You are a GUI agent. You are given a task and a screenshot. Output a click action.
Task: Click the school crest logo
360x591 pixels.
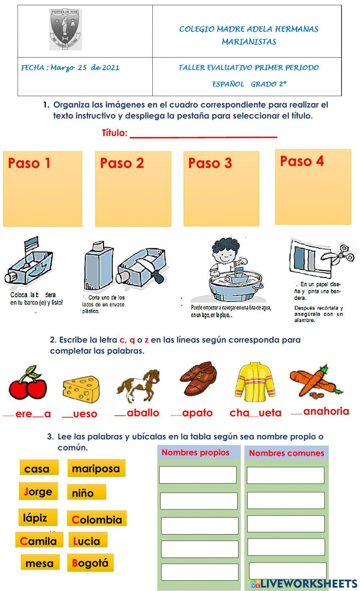pyautogui.click(x=65, y=29)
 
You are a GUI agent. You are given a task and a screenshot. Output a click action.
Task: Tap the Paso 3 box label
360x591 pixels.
pyautogui.click(x=210, y=163)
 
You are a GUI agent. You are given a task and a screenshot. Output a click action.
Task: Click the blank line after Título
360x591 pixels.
pyautogui.click(x=203, y=134)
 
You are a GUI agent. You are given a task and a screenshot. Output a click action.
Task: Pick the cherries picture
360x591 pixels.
pyautogui.click(x=28, y=383)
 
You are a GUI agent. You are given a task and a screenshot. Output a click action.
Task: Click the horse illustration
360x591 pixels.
pyautogui.click(x=139, y=386)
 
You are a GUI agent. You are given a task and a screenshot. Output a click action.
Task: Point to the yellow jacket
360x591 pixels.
pyautogui.click(x=255, y=382)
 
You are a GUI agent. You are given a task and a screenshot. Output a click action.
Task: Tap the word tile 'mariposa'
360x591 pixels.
pyautogui.click(x=96, y=468)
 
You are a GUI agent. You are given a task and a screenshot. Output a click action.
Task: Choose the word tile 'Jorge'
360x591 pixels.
pyautogui.click(x=38, y=491)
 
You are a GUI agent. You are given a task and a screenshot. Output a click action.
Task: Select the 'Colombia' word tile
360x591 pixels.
pyautogui.click(x=97, y=519)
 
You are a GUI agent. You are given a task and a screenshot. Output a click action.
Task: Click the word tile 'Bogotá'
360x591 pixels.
pyautogui.click(x=90, y=563)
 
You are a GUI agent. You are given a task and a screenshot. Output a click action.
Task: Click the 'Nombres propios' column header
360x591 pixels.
pyautogui.click(x=195, y=453)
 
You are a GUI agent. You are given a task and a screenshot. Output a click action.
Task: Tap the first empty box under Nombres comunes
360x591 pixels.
pyautogui.click(x=285, y=475)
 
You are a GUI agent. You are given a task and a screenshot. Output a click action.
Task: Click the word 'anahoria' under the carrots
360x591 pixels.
pyautogui.click(x=326, y=411)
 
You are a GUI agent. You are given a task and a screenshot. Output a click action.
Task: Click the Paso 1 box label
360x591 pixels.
pyautogui.click(x=29, y=163)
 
